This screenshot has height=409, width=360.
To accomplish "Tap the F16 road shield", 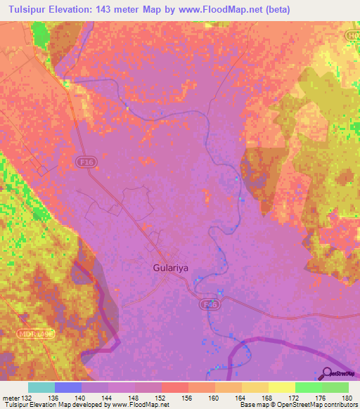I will click(x=85, y=162).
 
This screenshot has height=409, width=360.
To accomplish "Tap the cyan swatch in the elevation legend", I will click(x=41, y=387).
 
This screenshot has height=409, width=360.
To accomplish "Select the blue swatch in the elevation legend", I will click(x=68, y=387).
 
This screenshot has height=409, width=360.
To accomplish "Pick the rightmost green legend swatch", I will click(x=335, y=387).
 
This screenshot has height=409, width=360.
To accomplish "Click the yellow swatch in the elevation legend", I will click(x=281, y=387).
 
